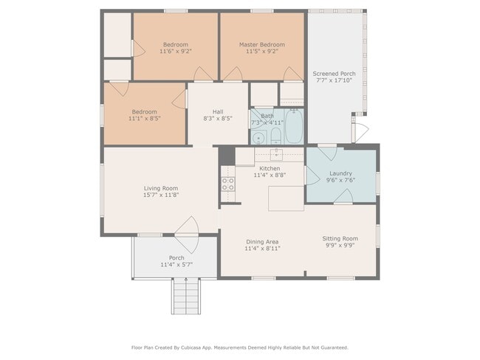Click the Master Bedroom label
coord(261,44)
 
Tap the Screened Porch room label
coord(334,74)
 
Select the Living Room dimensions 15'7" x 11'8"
coord(161,195)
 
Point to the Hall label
coord(218,111)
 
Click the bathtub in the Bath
coord(293,127)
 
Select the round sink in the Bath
coord(258,137)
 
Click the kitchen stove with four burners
coord(227,184)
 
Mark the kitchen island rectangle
coord(286,198)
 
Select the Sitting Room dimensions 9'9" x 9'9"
coord(340,246)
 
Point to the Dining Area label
coord(261,242)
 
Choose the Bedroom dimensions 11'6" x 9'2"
coord(176,52)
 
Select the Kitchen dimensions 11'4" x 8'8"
coord(269,176)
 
